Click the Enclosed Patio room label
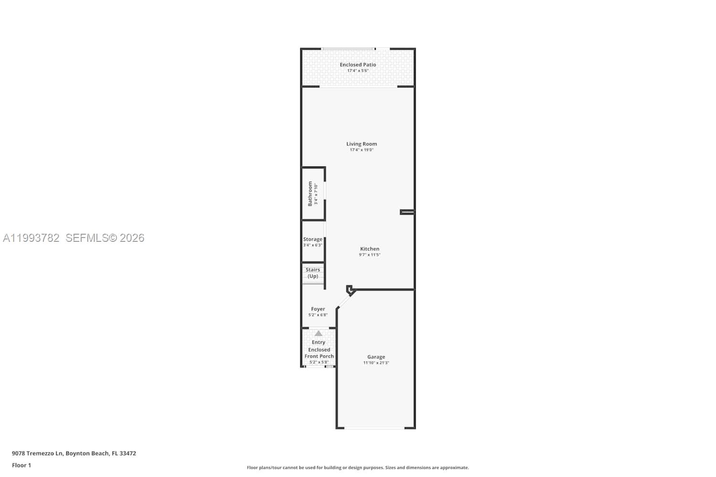(358, 65)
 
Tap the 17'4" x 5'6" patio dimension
(358, 71)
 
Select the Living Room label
(361, 144)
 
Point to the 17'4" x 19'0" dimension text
(361, 150)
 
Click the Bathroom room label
(310, 193)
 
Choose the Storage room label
(313, 239)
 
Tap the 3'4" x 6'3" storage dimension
(313, 245)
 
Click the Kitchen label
(369, 249)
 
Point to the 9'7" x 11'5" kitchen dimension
(369, 255)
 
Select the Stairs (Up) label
(313, 273)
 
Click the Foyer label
(318, 309)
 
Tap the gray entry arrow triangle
(318, 333)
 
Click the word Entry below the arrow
(318, 342)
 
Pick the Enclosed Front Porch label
(319, 353)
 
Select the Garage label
(376, 357)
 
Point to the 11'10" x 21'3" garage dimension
(376, 363)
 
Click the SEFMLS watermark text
(105, 238)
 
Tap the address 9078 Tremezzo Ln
(37, 454)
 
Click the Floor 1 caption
(21, 466)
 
